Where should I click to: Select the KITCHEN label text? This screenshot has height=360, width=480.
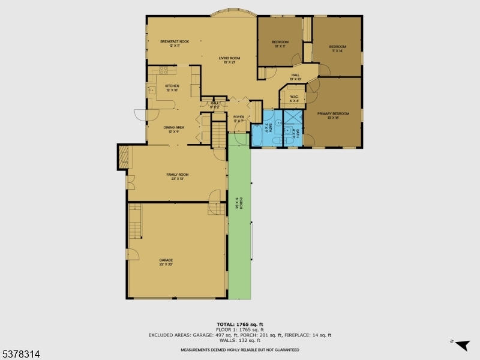(172, 88)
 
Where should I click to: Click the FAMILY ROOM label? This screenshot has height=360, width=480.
(178, 176)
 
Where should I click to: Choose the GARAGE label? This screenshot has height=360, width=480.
(166, 262)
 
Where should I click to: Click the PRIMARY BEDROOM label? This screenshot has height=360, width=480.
(332, 115)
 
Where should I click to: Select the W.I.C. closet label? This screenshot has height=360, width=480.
(294, 98)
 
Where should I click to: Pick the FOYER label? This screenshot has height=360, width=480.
(239, 119)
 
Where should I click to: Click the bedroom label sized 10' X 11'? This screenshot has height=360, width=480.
(280, 44)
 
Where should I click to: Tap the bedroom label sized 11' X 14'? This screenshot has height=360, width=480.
(337, 49)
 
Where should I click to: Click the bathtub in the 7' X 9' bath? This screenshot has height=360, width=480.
(258, 132)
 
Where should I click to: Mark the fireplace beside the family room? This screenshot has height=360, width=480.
(124, 157)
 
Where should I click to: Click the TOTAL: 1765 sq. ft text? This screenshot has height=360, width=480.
(240, 323)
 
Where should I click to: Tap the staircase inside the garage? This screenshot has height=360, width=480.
(136, 220)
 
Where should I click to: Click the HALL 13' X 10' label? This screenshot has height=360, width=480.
(295, 77)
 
